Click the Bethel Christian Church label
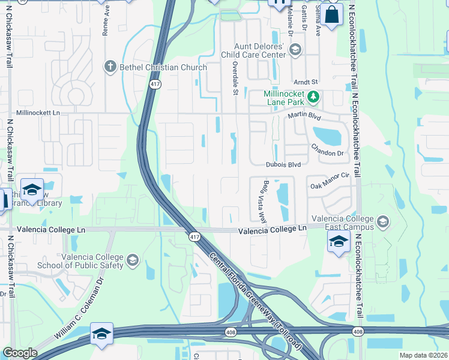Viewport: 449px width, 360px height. [x=164, y=67]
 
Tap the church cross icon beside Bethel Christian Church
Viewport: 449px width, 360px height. [x=109, y=67]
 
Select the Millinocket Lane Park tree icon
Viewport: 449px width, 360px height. [x=312, y=97]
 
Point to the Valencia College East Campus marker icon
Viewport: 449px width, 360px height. [x=382, y=223]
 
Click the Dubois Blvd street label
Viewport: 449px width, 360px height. [x=283, y=164]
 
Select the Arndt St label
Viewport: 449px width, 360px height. [x=305, y=82]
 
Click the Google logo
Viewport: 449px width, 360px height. [x=20, y=353]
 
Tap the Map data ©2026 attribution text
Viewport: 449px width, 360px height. [x=423, y=355]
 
